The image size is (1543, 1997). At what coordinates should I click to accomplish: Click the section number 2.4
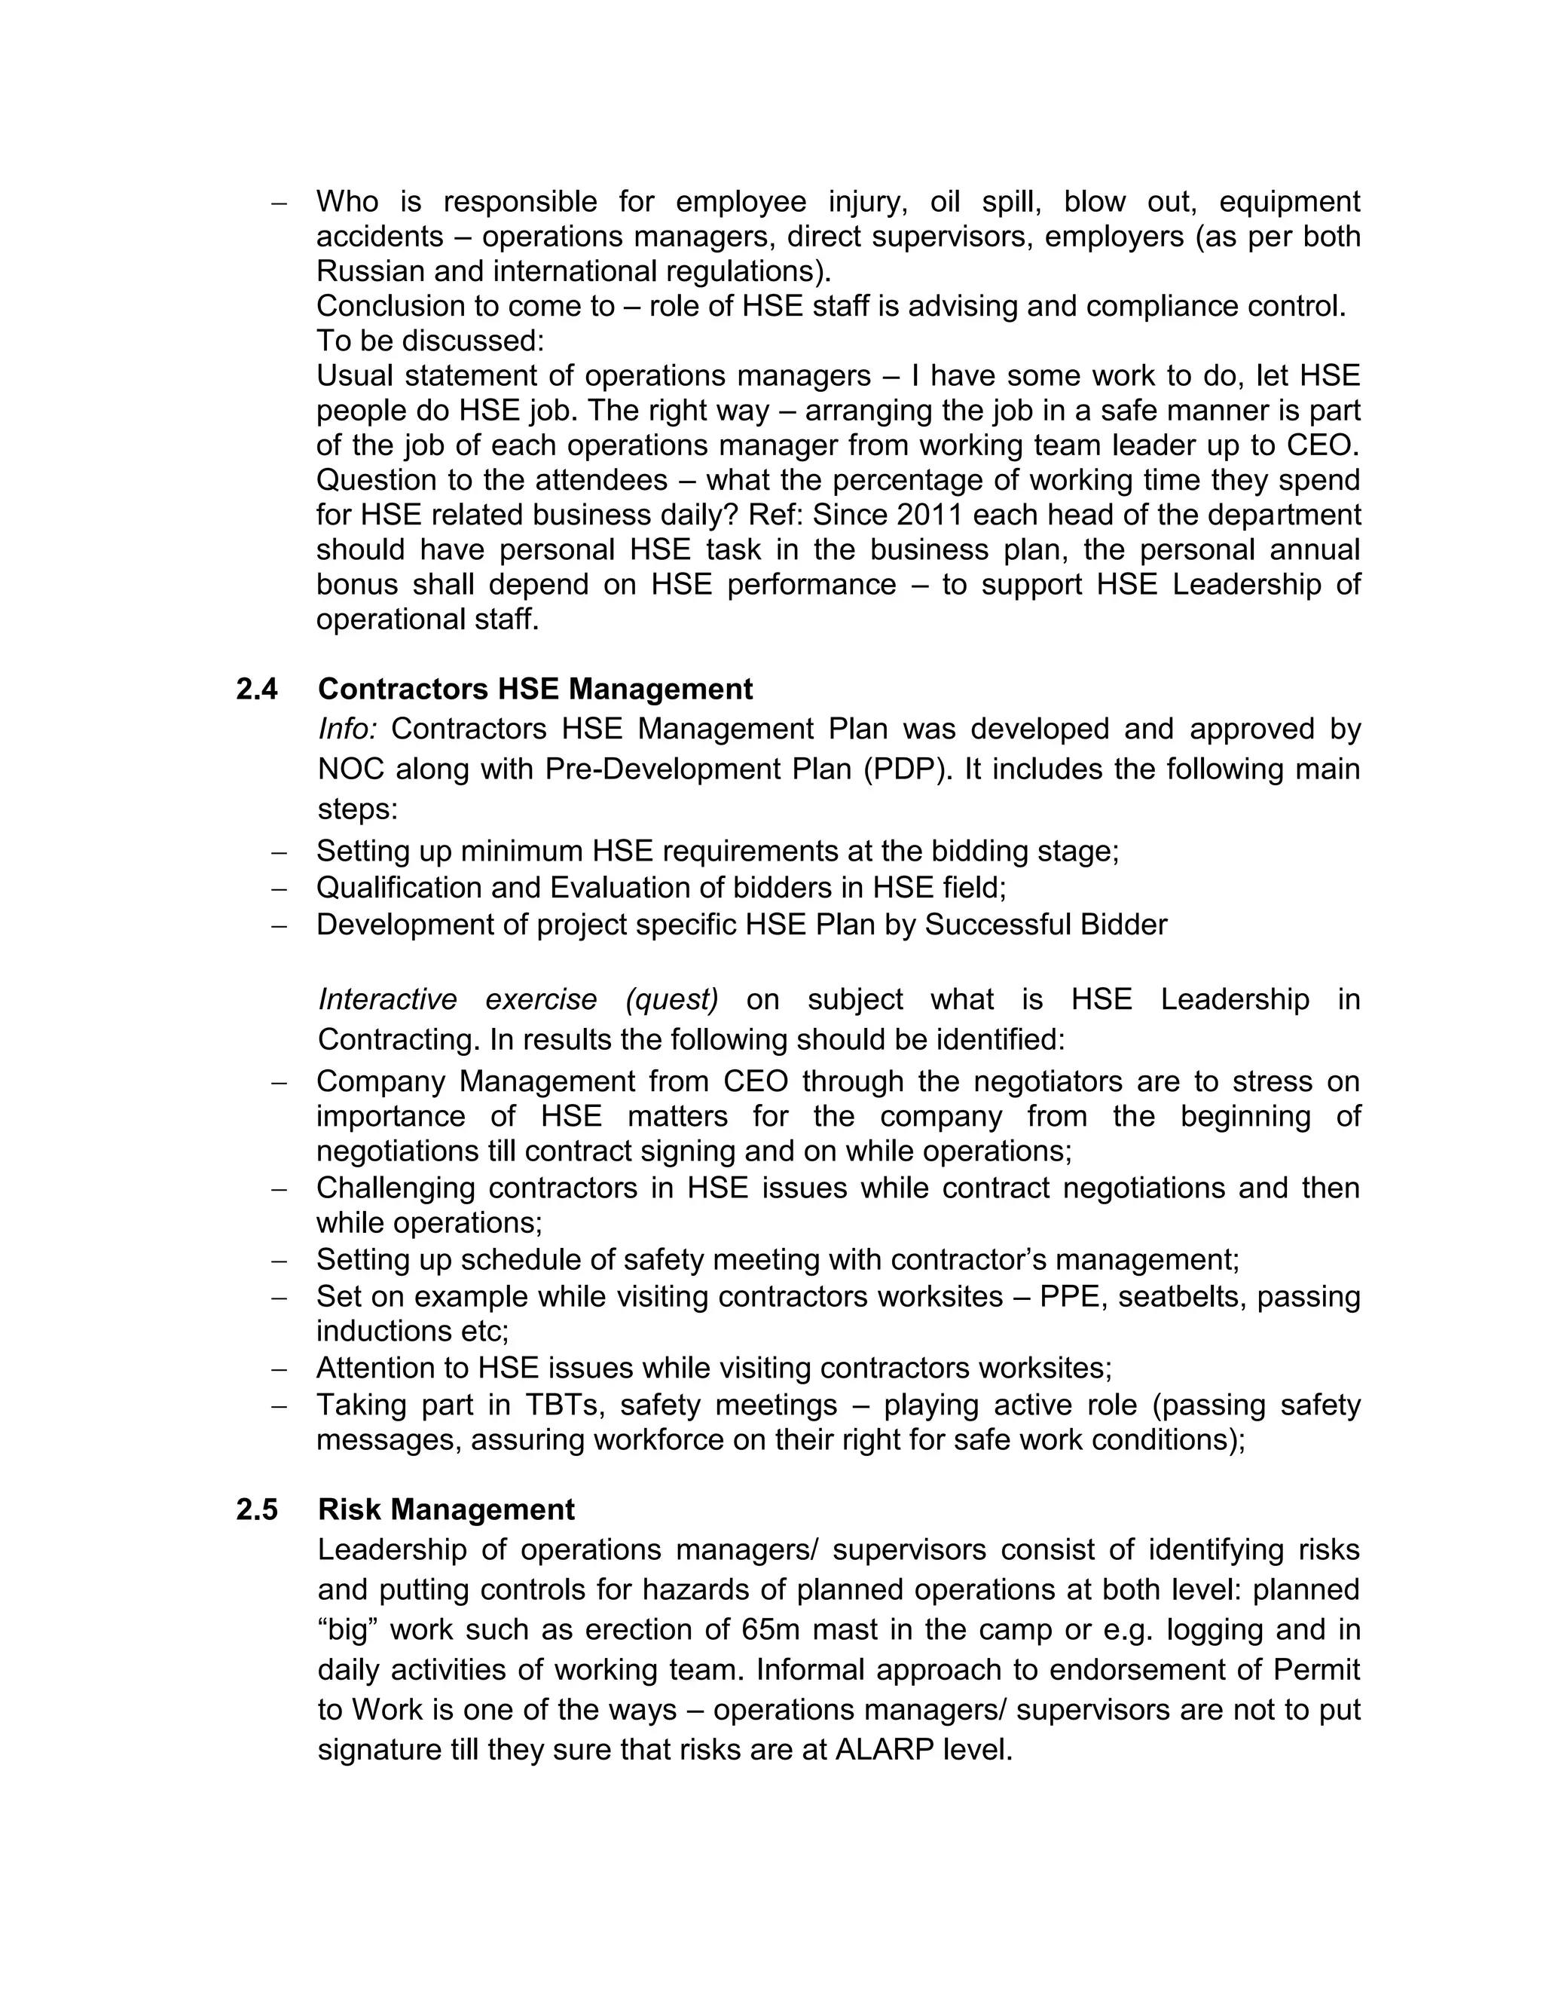coord(256,689)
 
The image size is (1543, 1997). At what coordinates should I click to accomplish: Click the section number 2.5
coord(256,1509)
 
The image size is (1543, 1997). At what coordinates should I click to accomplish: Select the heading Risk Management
coord(446,1509)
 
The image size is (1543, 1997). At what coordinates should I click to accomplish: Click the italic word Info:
coord(347,729)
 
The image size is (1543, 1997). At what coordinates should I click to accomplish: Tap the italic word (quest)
coord(672,999)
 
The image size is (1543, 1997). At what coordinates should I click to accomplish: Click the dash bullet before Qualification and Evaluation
coord(280,888)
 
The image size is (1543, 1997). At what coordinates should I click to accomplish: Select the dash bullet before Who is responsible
coord(280,202)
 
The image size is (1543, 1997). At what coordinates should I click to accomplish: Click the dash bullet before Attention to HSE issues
coord(280,1369)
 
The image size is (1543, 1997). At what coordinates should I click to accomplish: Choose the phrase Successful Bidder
coord(1046,925)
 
